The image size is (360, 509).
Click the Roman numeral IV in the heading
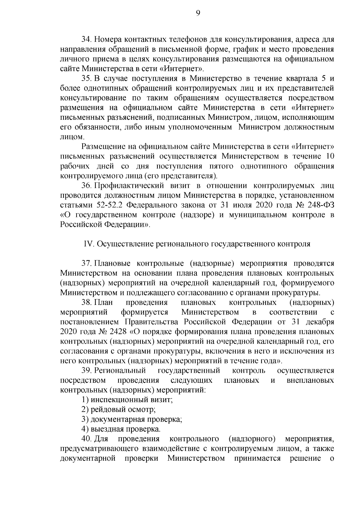tap(89, 244)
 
